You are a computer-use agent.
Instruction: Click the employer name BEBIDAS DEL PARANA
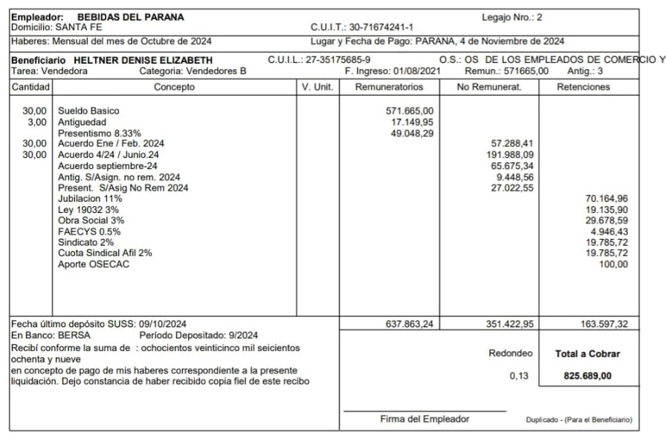141,17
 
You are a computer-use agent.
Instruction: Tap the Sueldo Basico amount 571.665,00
410,111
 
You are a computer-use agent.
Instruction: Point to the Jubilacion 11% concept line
90,199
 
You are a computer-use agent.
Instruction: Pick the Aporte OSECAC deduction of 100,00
613,265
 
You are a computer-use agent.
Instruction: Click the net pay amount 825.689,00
587,376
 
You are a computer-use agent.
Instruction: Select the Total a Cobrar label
587,355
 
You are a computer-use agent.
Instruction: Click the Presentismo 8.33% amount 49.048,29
413,133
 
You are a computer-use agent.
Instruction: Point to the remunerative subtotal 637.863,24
410,324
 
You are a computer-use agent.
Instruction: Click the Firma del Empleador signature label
424,419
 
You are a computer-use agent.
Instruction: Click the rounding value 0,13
520,376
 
